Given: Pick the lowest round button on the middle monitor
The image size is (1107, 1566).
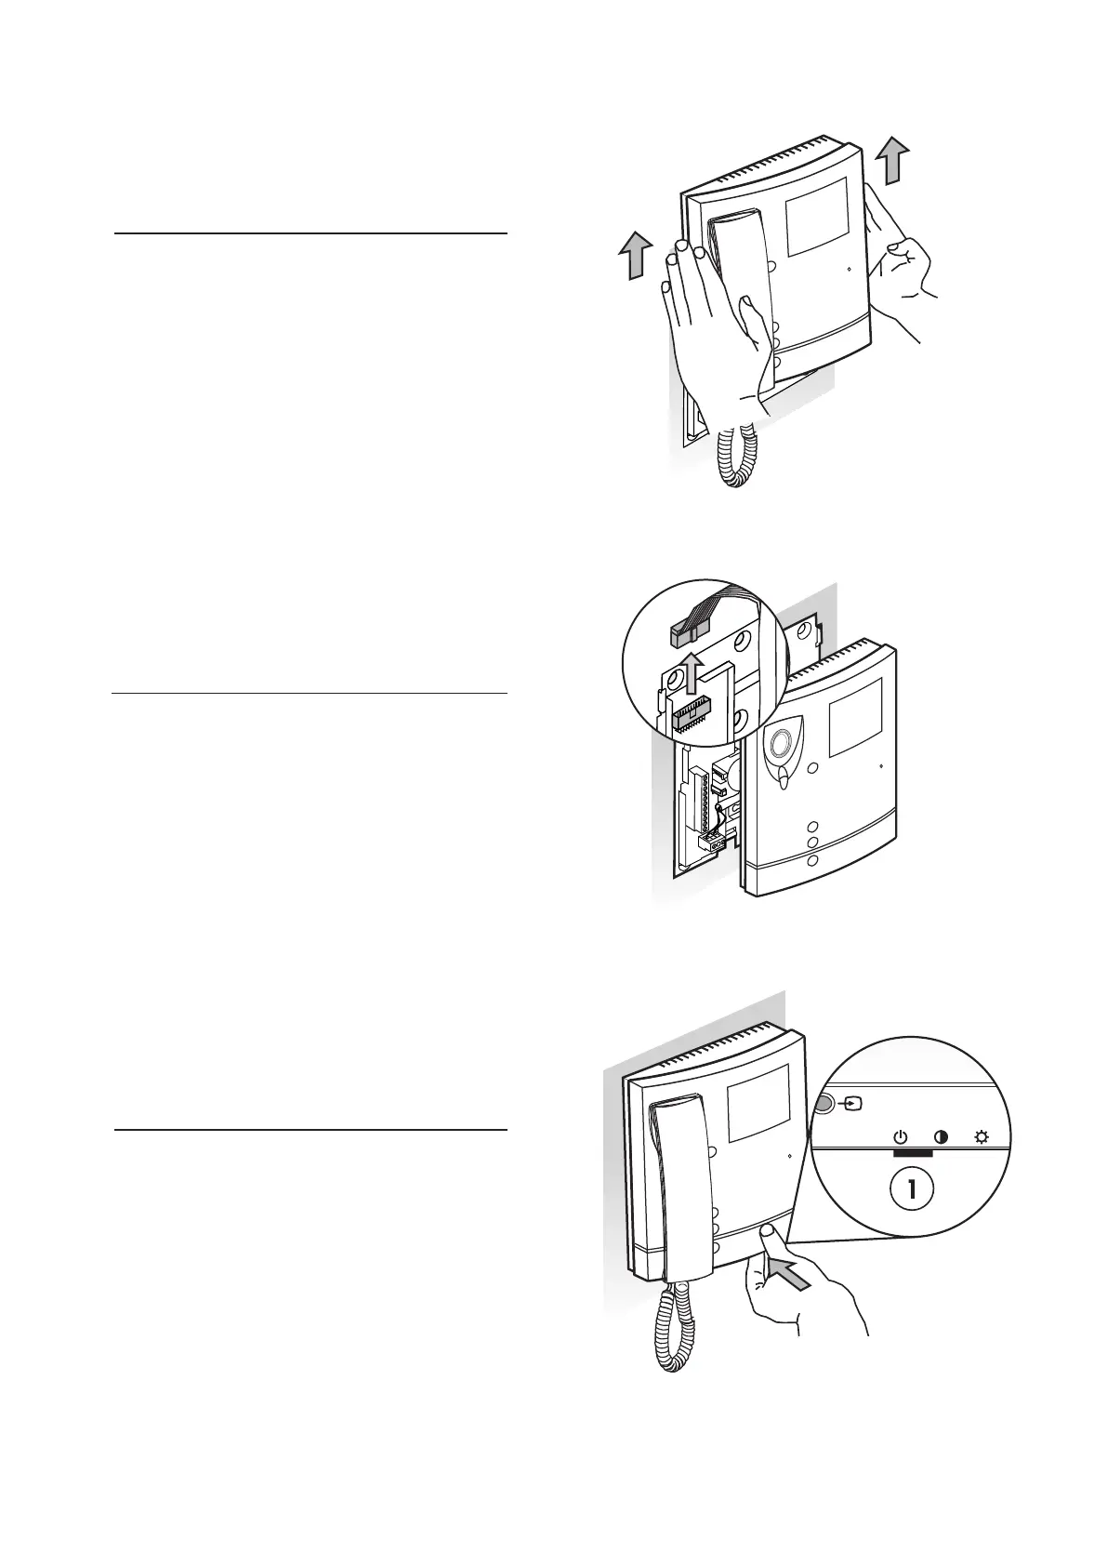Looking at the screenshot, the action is [x=812, y=860].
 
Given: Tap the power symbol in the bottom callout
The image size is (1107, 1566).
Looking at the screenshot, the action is [x=900, y=1136].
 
